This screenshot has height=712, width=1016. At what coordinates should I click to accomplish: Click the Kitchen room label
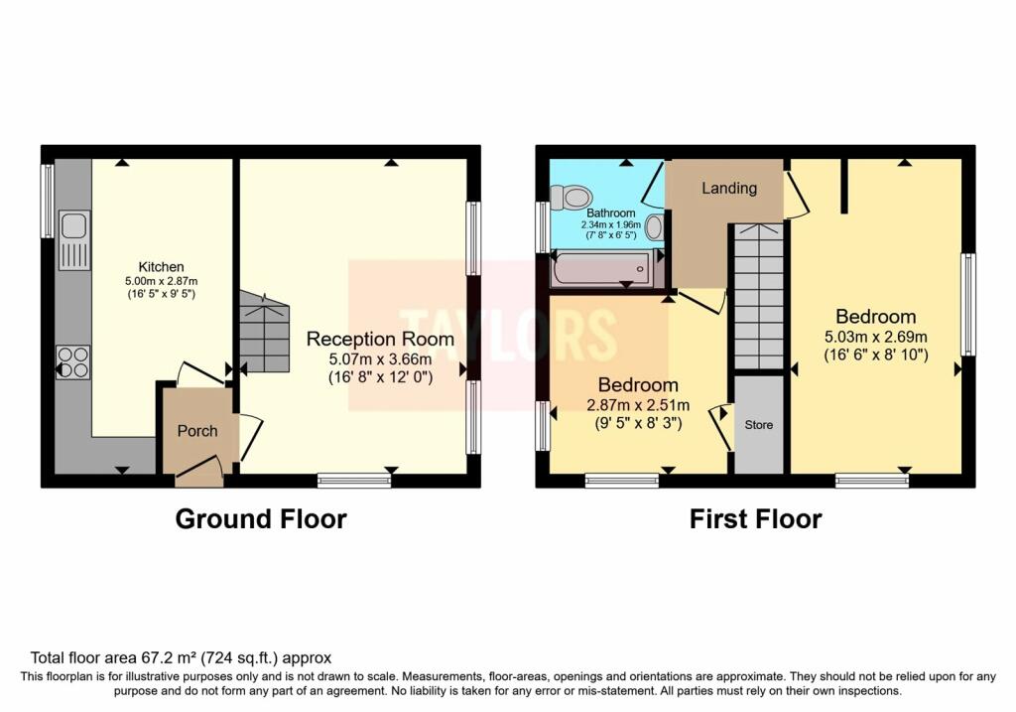coord(162,266)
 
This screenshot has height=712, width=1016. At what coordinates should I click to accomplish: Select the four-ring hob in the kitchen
coord(73,362)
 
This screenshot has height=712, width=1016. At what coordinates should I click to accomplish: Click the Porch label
coord(197,431)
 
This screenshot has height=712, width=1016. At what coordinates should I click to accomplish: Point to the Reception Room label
coord(380,339)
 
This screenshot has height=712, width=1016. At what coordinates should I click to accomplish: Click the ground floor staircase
coord(264,332)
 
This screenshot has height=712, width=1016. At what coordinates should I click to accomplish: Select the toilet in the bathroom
coord(571,197)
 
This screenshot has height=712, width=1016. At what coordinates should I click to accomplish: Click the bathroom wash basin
coord(655,227)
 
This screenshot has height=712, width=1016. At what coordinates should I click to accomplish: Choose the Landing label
coord(729,188)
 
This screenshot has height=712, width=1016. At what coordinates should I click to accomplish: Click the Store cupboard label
coord(759,425)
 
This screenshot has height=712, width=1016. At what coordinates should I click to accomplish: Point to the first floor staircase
coord(759,296)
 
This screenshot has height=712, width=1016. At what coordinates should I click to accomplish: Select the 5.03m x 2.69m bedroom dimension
coord(876,338)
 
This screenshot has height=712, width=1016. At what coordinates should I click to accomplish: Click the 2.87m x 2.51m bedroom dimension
coord(638,405)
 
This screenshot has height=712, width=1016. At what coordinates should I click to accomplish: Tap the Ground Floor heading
coord(261,518)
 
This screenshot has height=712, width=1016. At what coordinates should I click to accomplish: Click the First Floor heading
coord(755,518)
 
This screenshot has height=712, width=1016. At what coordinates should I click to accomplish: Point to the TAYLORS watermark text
coord(508,335)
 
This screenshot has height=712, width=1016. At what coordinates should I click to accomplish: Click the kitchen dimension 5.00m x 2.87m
coord(162,281)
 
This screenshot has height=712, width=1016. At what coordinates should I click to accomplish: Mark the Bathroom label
coord(611,213)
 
